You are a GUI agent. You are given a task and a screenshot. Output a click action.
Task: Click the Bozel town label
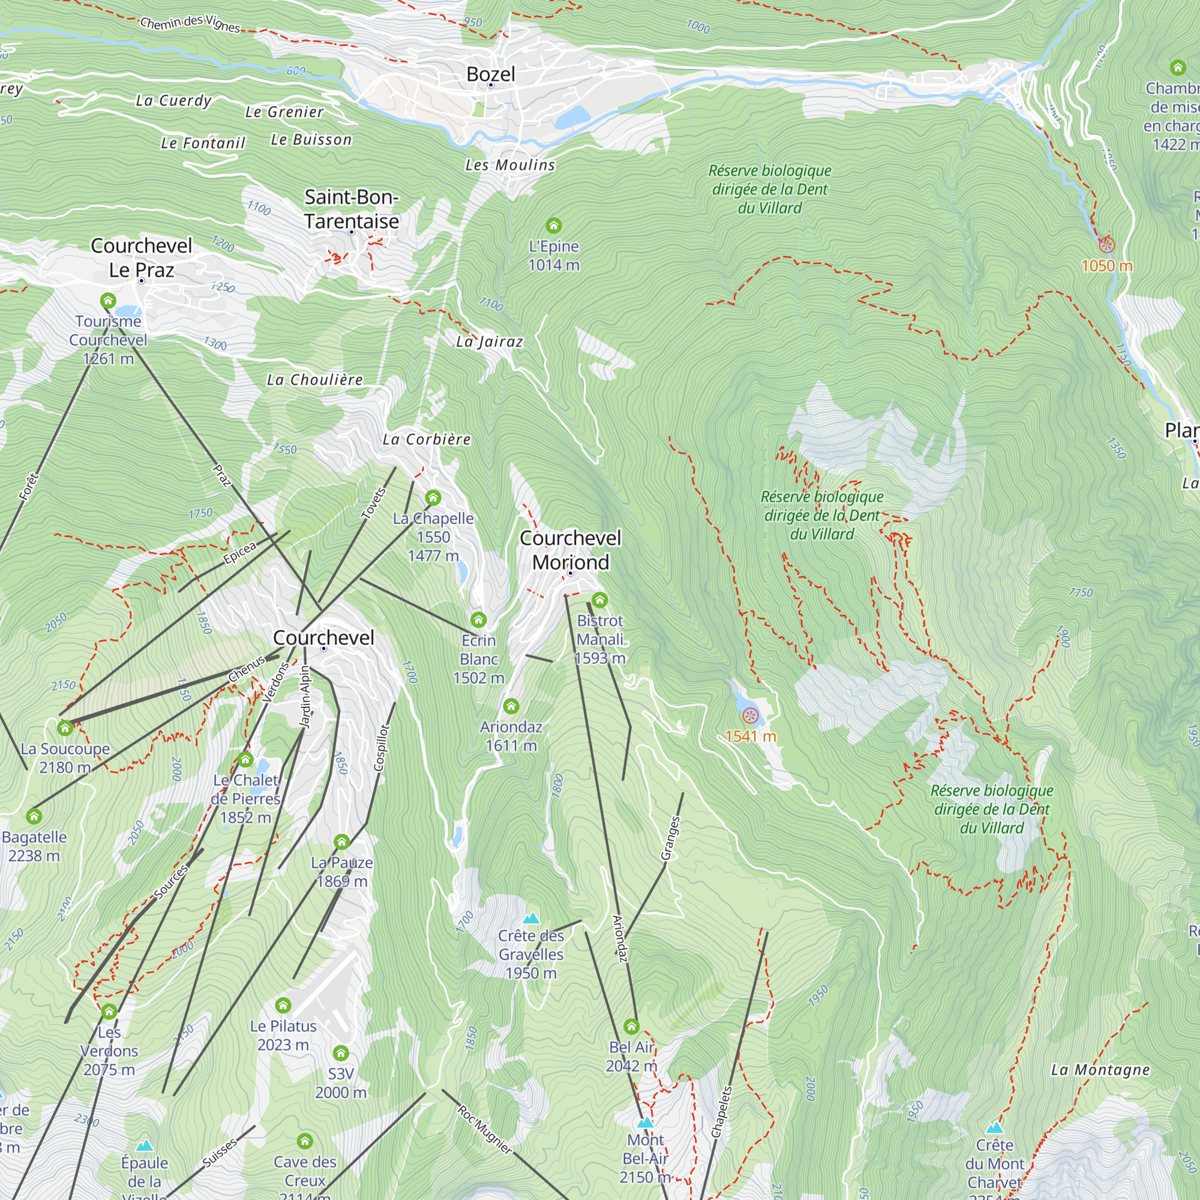tap(491, 74)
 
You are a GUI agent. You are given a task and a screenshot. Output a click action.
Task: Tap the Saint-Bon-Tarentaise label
tap(352, 209)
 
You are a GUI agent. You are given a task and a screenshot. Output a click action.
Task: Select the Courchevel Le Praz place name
tap(142, 257)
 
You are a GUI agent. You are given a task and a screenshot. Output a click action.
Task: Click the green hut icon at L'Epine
tap(553, 226)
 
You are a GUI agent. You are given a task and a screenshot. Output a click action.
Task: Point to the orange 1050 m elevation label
tap(1107, 266)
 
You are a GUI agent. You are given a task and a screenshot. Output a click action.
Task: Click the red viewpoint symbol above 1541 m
tap(751, 716)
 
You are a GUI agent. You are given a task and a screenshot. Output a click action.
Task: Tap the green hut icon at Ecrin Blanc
tap(478, 619)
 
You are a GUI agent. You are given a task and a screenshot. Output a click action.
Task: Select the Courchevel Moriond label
tap(570, 550)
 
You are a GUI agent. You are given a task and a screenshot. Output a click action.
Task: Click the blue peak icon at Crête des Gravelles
tap(531, 918)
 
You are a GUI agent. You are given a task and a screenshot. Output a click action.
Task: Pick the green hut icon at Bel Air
tap(632, 1026)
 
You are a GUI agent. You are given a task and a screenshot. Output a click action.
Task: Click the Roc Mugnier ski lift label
tap(485, 1130)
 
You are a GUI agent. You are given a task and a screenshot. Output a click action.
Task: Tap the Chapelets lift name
tap(721, 1112)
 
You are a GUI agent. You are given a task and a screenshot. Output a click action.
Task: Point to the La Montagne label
tap(1100, 1070)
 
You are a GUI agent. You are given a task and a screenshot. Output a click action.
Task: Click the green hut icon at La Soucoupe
tap(65, 728)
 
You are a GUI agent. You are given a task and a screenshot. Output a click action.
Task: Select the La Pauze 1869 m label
tap(341, 871)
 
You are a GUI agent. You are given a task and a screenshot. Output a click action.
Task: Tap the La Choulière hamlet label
tap(314, 380)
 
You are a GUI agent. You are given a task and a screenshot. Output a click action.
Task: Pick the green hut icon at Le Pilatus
tap(283, 1005)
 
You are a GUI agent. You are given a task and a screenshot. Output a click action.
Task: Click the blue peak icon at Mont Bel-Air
tap(646, 1123)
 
